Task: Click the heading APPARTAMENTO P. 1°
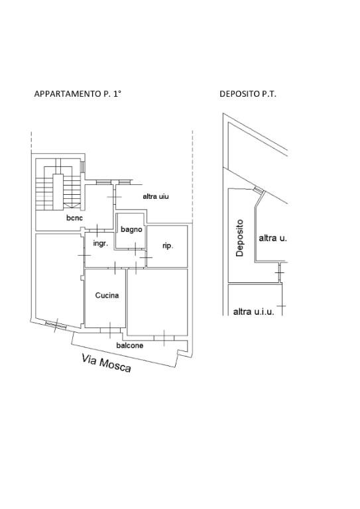click(x=78, y=94)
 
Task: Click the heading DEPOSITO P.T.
click(x=248, y=94)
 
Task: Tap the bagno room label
click(x=131, y=229)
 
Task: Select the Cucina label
click(x=107, y=295)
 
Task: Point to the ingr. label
click(x=100, y=243)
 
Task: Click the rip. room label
click(x=168, y=246)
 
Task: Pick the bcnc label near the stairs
click(x=74, y=218)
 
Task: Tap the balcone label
click(x=130, y=345)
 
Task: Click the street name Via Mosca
click(x=107, y=363)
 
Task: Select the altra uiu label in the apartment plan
click(x=156, y=196)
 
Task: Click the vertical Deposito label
click(x=239, y=238)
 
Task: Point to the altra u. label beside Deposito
click(x=272, y=238)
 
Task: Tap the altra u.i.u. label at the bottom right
click(x=253, y=312)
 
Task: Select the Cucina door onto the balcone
click(x=110, y=330)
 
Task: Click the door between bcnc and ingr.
click(x=97, y=231)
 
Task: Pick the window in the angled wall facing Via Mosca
click(x=56, y=325)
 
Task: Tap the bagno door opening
click(x=135, y=249)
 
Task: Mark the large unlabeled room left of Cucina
click(x=59, y=278)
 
